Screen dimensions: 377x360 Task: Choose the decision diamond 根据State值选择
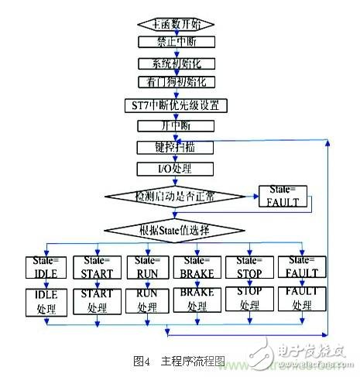173,228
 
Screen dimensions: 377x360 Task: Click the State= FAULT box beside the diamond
284,197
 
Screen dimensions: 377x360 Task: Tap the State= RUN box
147,266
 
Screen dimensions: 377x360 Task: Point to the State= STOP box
249,266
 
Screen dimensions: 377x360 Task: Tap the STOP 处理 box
249,301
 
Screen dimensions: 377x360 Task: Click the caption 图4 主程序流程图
180,360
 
